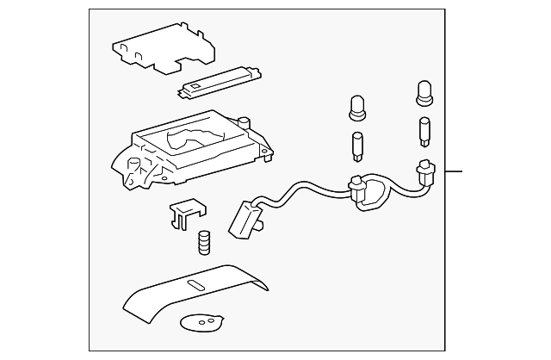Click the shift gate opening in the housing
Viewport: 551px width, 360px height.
pos(191,139)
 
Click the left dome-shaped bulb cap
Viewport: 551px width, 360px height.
pos(357,107)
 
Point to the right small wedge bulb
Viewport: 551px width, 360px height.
pos(424,129)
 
